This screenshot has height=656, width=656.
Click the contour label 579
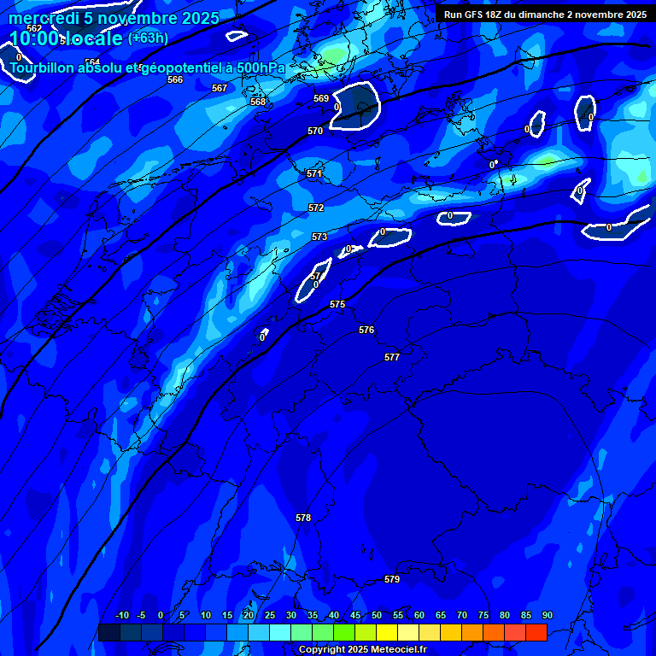pos(392,579)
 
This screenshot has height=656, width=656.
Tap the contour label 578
pos(303,518)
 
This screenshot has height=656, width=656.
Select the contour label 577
pos(392,357)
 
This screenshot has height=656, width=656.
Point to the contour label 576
pos(366,330)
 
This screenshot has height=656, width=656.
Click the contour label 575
pos(337,304)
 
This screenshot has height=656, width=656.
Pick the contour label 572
pos(316,208)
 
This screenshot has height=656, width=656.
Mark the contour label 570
pos(315,131)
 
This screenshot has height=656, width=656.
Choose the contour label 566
pos(175,79)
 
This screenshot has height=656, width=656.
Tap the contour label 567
pos(220,88)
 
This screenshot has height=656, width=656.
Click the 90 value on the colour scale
pos(547,615)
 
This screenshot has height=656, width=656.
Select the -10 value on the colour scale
pos(121,615)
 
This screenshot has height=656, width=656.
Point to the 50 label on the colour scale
pos(377,615)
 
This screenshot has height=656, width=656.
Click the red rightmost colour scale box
pos(536,632)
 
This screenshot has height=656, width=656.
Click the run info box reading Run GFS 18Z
pos(545,15)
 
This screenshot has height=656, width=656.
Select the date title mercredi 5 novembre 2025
pos(114,18)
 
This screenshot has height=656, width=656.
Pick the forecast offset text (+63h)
pos(148,38)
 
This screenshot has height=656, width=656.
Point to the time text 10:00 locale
pos(66,38)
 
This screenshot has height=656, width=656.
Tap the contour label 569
pos(321,98)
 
